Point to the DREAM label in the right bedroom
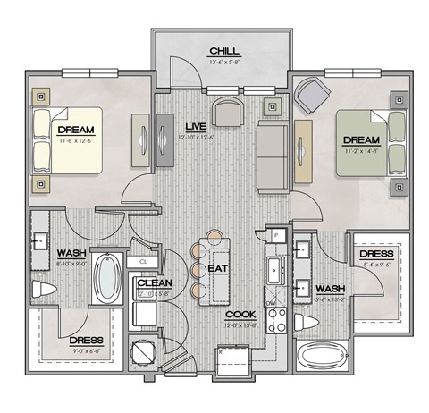tap(361, 140)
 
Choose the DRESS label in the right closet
tap(376, 254)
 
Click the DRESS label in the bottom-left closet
tap(86, 341)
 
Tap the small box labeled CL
tap(143, 261)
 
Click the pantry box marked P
tap(277, 235)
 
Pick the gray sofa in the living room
tap(271, 156)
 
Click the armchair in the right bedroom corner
tap(311, 93)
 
